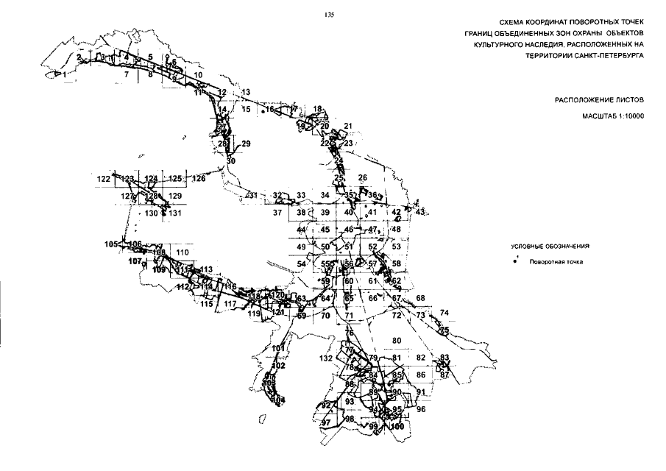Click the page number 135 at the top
tap(328, 13)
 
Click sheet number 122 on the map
tap(103, 179)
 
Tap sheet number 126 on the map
tap(199, 179)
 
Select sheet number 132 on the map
tap(327, 358)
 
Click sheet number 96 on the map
tap(421, 408)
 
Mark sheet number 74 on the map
tap(444, 314)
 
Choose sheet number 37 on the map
tap(277, 213)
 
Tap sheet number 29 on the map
tap(246, 144)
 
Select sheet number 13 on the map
tap(246, 92)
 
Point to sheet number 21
tap(348, 126)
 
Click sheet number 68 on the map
tap(421, 298)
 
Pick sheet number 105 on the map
tap(111, 244)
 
